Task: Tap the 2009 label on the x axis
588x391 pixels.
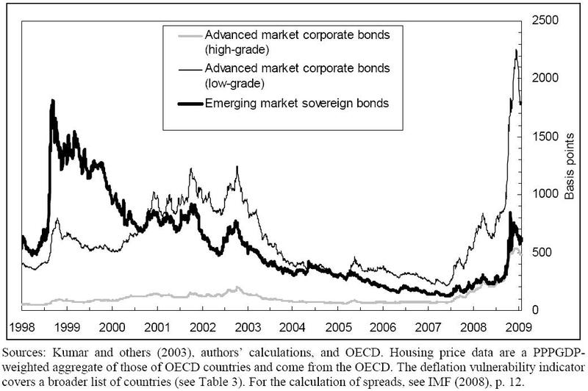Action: click(x=516, y=325)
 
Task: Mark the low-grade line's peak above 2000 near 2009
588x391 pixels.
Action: click(x=516, y=49)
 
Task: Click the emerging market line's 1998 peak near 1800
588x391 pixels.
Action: click(x=52, y=100)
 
